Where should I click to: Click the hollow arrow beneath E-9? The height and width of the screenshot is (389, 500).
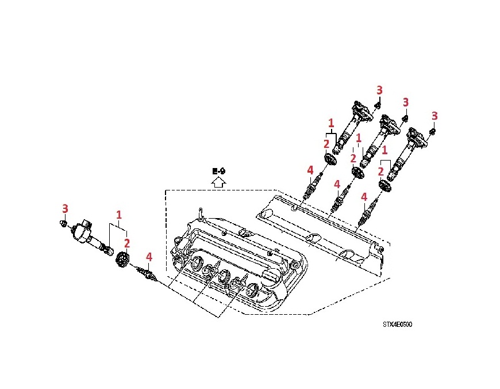pos(217,182)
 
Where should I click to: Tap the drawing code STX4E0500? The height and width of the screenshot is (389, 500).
pos(397,324)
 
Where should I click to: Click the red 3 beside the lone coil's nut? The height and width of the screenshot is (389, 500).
pos(65,208)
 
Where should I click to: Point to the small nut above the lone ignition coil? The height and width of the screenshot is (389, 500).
pos(64,222)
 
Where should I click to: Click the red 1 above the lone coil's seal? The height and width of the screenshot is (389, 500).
pos(119,215)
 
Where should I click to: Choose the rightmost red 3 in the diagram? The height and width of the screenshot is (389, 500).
pos(434,116)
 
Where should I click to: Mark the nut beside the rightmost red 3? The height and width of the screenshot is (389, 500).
pos(433,132)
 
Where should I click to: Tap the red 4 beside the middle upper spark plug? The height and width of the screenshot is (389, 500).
pos(337,184)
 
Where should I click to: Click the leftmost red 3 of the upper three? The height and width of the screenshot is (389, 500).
pos(379,90)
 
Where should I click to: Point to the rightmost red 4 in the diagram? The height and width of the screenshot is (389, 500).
pos(364,197)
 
